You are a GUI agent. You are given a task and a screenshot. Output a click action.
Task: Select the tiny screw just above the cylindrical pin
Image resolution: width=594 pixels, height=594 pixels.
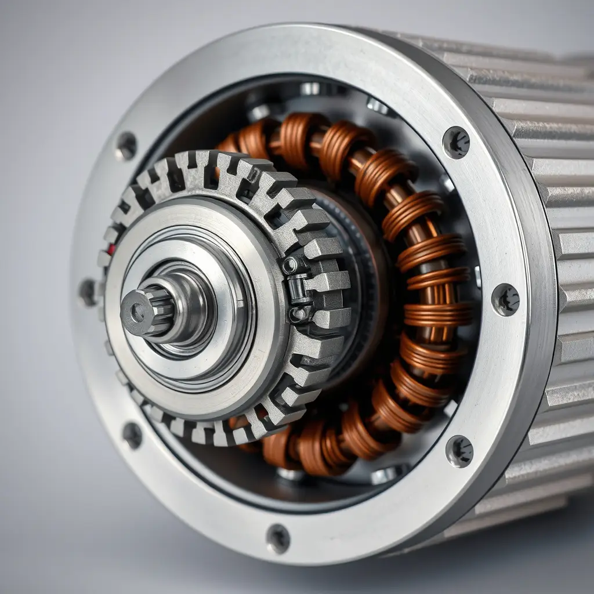289,265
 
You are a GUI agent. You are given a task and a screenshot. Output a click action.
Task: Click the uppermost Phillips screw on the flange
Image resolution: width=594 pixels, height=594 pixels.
456,142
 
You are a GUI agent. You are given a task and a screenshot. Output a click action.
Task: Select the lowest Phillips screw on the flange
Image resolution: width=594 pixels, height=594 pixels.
459,451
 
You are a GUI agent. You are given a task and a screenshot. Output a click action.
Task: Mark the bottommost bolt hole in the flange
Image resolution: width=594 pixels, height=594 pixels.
278,538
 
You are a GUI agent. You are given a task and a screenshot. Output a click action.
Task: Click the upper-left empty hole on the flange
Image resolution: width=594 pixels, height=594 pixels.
126,147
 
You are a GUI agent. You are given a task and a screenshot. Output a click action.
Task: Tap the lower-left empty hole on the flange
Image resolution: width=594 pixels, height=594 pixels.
132,434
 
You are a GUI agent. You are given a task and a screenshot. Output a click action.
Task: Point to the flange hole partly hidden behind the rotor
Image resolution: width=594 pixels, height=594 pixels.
88,292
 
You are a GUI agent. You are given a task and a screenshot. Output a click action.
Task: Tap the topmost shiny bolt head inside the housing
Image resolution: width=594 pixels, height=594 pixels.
310,89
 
